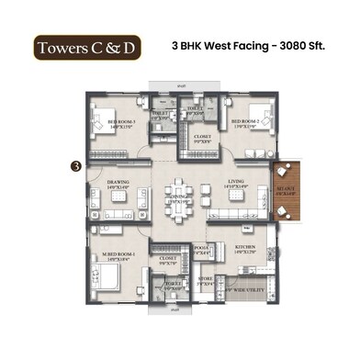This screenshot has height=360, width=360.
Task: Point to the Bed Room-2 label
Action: pyautogui.click(x=245, y=122)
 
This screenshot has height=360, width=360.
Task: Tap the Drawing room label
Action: pyautogui.click(x=118, y=185)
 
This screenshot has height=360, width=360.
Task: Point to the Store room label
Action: pyautogui.click(x=205, y=282)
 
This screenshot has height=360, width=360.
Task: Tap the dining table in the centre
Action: pyautogui.click(x=179, y=201)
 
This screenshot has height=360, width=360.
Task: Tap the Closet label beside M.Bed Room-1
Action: pyautogui.click(x=167, y=261)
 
